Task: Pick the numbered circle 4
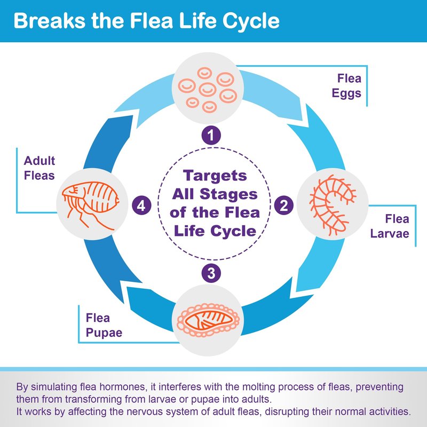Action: point(141,205)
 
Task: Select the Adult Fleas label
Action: point(39,168)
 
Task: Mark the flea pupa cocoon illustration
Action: point(209,320)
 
